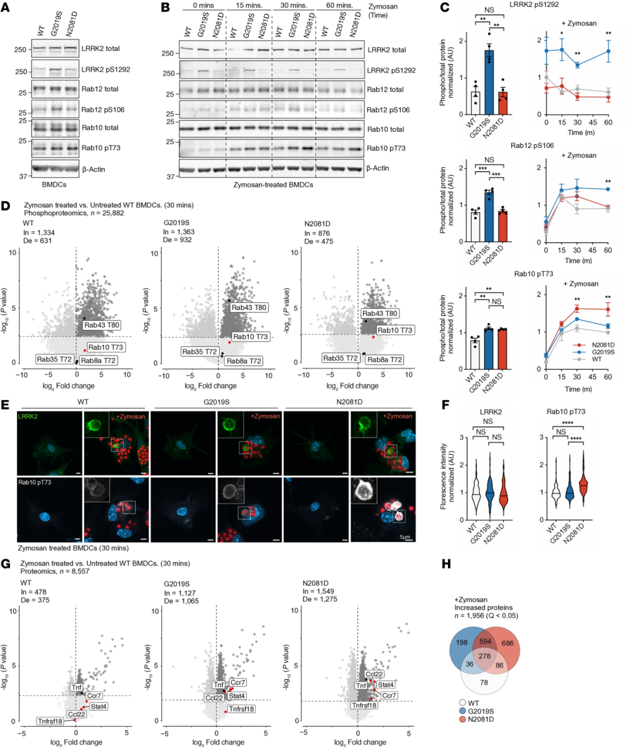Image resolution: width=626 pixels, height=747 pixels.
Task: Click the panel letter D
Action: click(x=6, y=206)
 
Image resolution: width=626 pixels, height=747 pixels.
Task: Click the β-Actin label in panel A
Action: click(x=93, y=169)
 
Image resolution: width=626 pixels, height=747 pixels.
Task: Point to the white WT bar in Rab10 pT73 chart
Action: click(x=475, y=354)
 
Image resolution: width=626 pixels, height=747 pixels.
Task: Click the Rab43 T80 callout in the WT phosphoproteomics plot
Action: click(x=102, y=325)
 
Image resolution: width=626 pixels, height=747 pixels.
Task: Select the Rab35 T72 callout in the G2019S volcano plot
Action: click(x=199, y=352)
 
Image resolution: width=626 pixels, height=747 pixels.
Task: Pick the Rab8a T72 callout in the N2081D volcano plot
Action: click(x=384, y=360)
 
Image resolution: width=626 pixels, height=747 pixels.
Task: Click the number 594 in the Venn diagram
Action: click(x=485, y=642)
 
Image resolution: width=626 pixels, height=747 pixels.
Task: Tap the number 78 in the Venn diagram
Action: click(x=484, y=682)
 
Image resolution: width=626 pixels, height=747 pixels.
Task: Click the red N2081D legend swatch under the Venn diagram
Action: click(x=463, y=719)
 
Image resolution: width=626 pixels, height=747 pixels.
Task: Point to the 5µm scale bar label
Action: click(x=406, y=537)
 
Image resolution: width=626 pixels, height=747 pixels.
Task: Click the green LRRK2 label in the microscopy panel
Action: click(x=27, y=416)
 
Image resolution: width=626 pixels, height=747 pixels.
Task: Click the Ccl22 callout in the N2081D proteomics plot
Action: click(x=374, y=674)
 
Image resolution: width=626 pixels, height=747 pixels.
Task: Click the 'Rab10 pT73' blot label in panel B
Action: click(x=385, y=148)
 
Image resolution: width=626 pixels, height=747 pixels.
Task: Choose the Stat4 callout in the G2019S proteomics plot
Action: click(x=237, y=696)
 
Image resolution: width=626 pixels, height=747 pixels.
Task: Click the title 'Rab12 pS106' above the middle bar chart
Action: click(x=532, y=145)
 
